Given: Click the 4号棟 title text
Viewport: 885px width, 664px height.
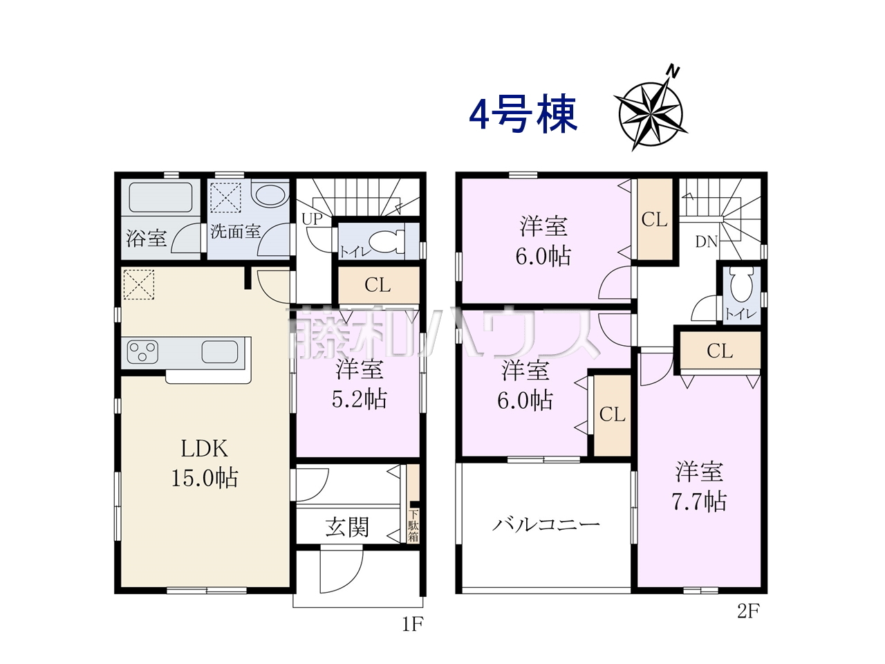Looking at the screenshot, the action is click(523, 114).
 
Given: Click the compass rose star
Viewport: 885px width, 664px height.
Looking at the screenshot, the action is click(651, 115).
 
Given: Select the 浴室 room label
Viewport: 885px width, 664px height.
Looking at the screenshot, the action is click(147, 238).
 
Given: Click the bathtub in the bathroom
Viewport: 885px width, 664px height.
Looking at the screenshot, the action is click(160, 198).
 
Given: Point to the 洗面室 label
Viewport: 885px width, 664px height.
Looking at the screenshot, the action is click(236, 232).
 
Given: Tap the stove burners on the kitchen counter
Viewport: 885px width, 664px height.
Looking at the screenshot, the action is click(142, 351).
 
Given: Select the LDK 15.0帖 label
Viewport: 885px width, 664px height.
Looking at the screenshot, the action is click(205, 463).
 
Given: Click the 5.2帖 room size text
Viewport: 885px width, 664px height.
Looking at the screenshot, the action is click(360, 399).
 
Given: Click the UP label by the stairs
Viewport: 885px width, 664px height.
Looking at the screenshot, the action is click(312, 219).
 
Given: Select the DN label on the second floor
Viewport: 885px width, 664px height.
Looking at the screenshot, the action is click(707, 242).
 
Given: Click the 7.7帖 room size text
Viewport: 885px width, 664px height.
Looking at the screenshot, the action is click(699, 502).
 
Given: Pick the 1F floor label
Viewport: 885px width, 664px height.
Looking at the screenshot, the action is click(413, 625).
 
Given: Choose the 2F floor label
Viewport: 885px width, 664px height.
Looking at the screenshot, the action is click(748, 612).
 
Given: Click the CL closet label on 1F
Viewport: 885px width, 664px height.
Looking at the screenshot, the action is click(378, 285).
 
